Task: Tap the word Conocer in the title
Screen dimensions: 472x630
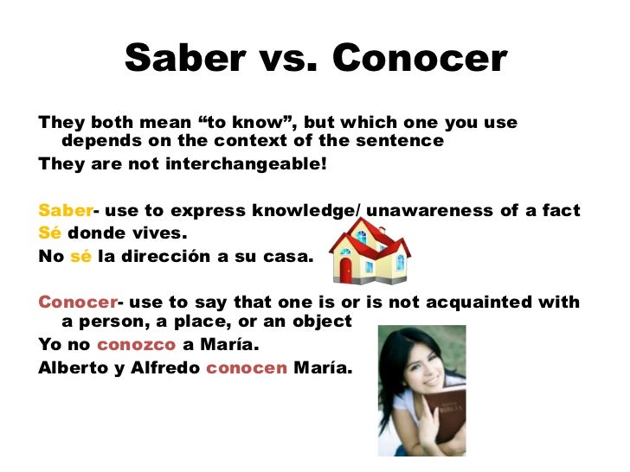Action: [x=419, y=59]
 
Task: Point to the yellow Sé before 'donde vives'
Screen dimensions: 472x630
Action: [x=49, y=233]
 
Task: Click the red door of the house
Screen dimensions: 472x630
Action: [x=346, y=271]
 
